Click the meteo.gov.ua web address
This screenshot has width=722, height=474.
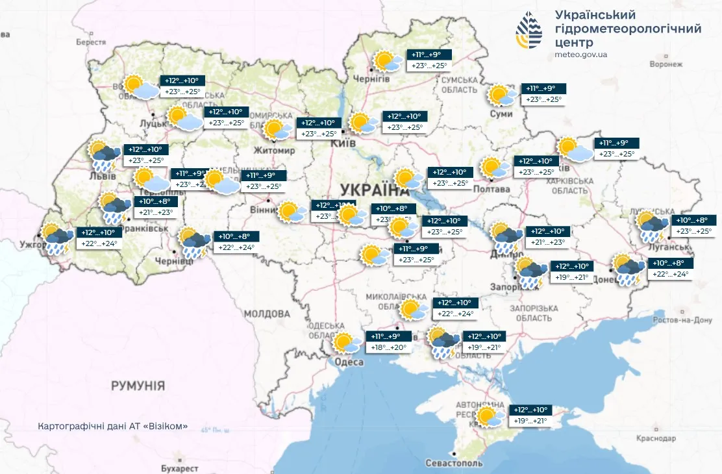[581, 55]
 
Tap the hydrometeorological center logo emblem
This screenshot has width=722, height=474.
[529, 30]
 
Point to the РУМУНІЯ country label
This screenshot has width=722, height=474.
[138, 386]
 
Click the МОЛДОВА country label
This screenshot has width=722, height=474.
[267, 314]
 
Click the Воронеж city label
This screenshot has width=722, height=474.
[666, 64]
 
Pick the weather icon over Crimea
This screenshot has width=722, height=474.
[490, 416]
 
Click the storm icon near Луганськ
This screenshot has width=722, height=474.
[652, 227]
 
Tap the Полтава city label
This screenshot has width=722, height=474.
[493, 189]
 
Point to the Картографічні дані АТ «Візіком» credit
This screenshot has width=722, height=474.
[114, 427]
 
